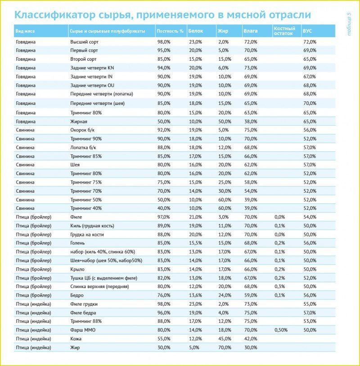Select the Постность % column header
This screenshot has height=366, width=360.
coord(170,32)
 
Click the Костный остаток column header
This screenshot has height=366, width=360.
coord(284,31)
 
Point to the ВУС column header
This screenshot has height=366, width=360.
coord(307,32)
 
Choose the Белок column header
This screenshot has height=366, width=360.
coord(195,32)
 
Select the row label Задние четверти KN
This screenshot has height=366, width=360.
coord(92,68)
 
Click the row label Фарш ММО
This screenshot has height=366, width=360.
coord(82,330)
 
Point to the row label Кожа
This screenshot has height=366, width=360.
coord(76,339)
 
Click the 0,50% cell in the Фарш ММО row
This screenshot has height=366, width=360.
coord(281,330)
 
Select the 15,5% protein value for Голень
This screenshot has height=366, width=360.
coord(194,243)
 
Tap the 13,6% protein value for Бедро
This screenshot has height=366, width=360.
coord(194,295)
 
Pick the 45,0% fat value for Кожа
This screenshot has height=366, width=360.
coord(225,339)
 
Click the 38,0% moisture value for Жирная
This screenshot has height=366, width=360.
coord(251,121)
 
